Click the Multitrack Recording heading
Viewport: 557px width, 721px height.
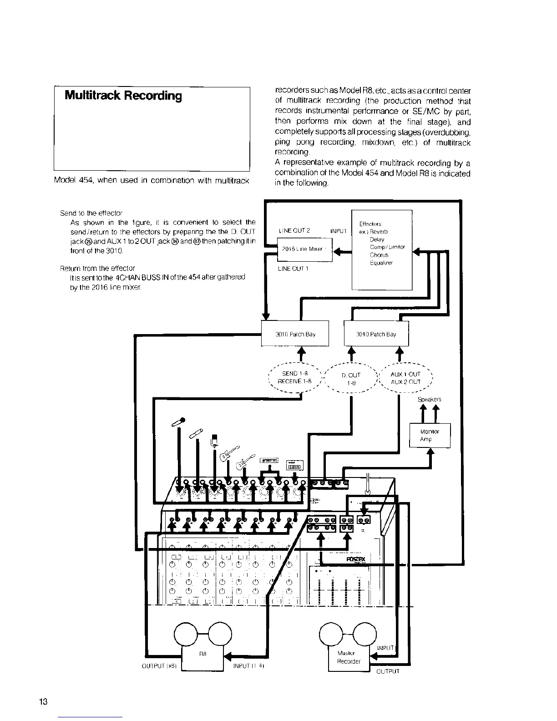pyautogui.click(x=123, y=96)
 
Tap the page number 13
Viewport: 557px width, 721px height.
pyautogui.click(x=44, y=701)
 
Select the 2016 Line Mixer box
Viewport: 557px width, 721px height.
pyautogui.click(x=305, y=249)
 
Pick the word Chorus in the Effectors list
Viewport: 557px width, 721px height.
pyautogui.click(x=379, y=255)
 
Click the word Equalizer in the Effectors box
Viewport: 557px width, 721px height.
pyautogui.click(x=381, y=263)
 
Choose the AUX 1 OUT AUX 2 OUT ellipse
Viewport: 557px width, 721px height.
pyautogui.click(x=405, y=378)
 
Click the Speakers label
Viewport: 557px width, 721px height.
pyautogui.click(x=429, y=400)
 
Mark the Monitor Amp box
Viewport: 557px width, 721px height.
pyautogui.click(x=430, y=436)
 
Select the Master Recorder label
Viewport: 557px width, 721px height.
pyautogui.click(x=349, y=657)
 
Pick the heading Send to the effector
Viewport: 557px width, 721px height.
pyautogui.click(x=91, y=213)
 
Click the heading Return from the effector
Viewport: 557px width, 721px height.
pyautogui.click(x=97, y=268)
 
